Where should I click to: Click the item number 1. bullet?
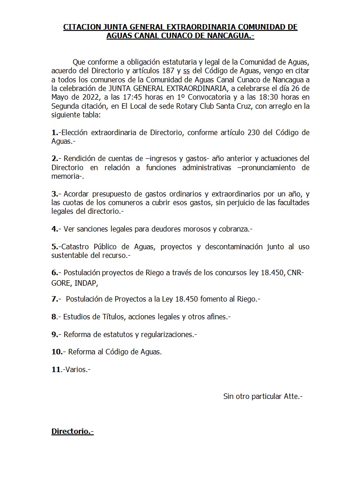click(55, 132)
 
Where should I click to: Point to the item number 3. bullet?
click(55, 194)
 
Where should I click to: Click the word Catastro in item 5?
click(76, 247)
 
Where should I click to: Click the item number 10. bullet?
click(57, 352)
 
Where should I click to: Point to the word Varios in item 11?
click(76, 369)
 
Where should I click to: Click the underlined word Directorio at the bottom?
click(71, 431)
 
